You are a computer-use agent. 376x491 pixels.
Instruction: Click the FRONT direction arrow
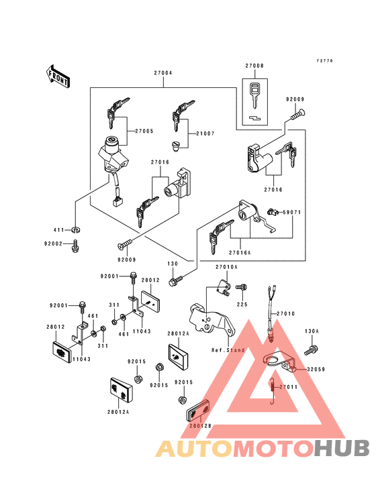pyautogui.click(x=58, y=76)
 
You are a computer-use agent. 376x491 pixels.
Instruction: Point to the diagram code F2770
pyautogui.click(x=325, y=60)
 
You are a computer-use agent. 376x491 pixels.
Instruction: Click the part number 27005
pyautogui.click(x=143, y=131)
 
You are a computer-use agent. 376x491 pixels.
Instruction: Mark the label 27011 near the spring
pyautogui.click(x=288, y=387)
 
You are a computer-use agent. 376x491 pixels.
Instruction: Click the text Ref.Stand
pyautogui.click(x=227, y=350)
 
